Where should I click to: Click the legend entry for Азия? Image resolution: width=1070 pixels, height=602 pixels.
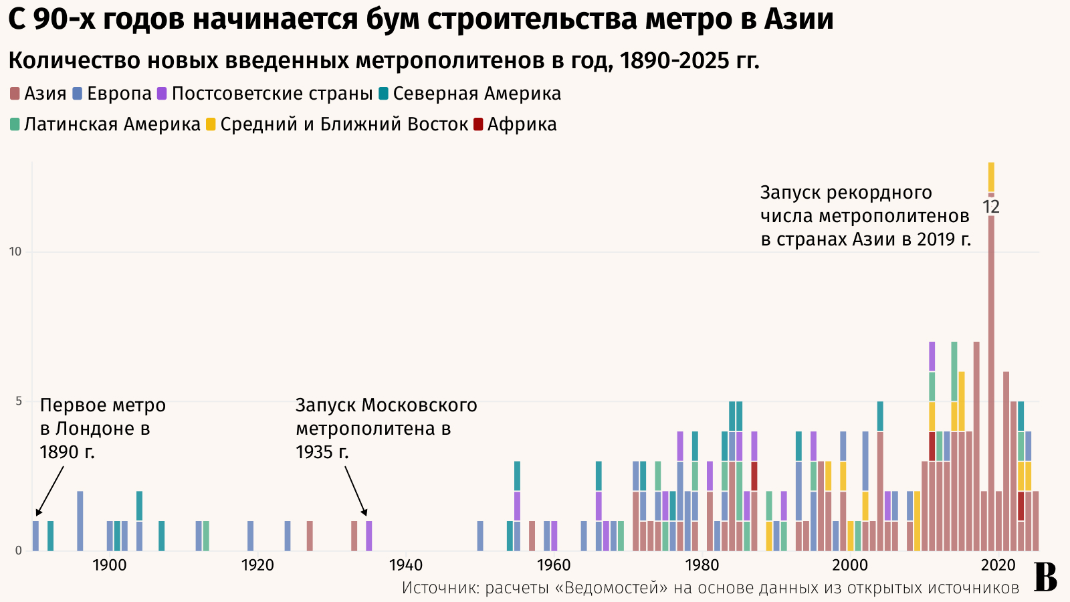(x=39, y=94)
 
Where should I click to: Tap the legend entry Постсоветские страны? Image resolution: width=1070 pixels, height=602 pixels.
(x=265, y=94)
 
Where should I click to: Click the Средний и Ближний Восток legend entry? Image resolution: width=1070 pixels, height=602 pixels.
(x=337, y=124)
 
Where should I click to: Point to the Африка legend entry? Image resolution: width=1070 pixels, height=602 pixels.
(x=515, y=124)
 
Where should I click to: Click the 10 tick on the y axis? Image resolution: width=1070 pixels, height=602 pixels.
(x=15, y=252)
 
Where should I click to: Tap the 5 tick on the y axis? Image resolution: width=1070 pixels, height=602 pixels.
(x=17, y=401)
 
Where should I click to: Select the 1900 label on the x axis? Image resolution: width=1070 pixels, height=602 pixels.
(x=110, y=565)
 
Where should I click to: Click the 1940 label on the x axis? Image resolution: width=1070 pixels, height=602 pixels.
(x=406, y=565)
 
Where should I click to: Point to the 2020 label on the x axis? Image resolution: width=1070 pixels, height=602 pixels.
(x=998, y=565)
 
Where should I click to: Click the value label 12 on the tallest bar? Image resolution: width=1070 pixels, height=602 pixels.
(x=991, y=207)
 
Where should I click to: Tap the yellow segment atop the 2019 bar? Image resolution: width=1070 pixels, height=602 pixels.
(x=991, y=177)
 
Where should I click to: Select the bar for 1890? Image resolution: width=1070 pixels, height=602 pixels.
(x=35, y=536)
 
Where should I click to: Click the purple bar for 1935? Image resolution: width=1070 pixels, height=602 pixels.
(x=369, y=536)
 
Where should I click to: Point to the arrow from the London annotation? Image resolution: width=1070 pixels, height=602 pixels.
(x=50, y=490)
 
